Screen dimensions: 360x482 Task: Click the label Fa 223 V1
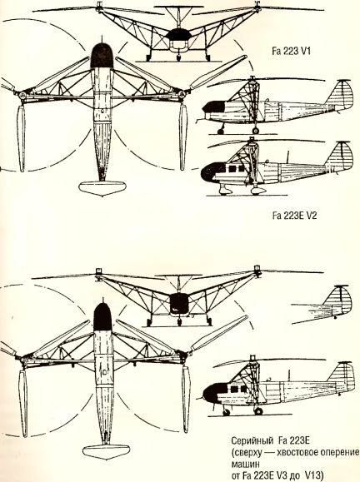pos(291,51)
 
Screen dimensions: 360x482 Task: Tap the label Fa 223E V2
pos(294,216)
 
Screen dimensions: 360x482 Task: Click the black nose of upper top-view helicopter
pos(102,56)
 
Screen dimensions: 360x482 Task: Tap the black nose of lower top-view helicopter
pos(102,317)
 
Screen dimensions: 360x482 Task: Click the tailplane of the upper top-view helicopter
pos(102,188)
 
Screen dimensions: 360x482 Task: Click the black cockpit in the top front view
pos(177,34)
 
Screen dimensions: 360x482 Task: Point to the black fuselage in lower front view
pos(179,303)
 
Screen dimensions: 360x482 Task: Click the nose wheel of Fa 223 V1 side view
pos(220,132)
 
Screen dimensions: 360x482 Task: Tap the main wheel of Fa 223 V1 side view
pos(255,131)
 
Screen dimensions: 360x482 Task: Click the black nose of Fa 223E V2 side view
pos(212,172)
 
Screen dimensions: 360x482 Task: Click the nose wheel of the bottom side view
pos(227,413)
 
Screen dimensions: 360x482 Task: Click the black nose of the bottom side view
pos(213,393)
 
